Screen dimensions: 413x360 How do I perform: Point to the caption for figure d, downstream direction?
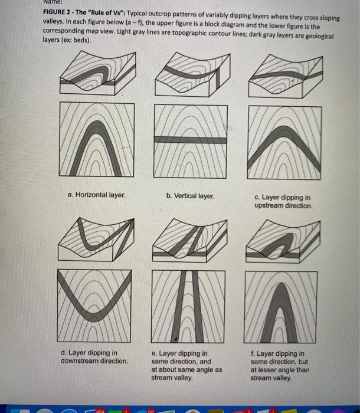point(94,356)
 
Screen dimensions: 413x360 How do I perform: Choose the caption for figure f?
point(279,365)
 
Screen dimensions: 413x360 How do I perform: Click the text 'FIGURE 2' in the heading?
point(58,18)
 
